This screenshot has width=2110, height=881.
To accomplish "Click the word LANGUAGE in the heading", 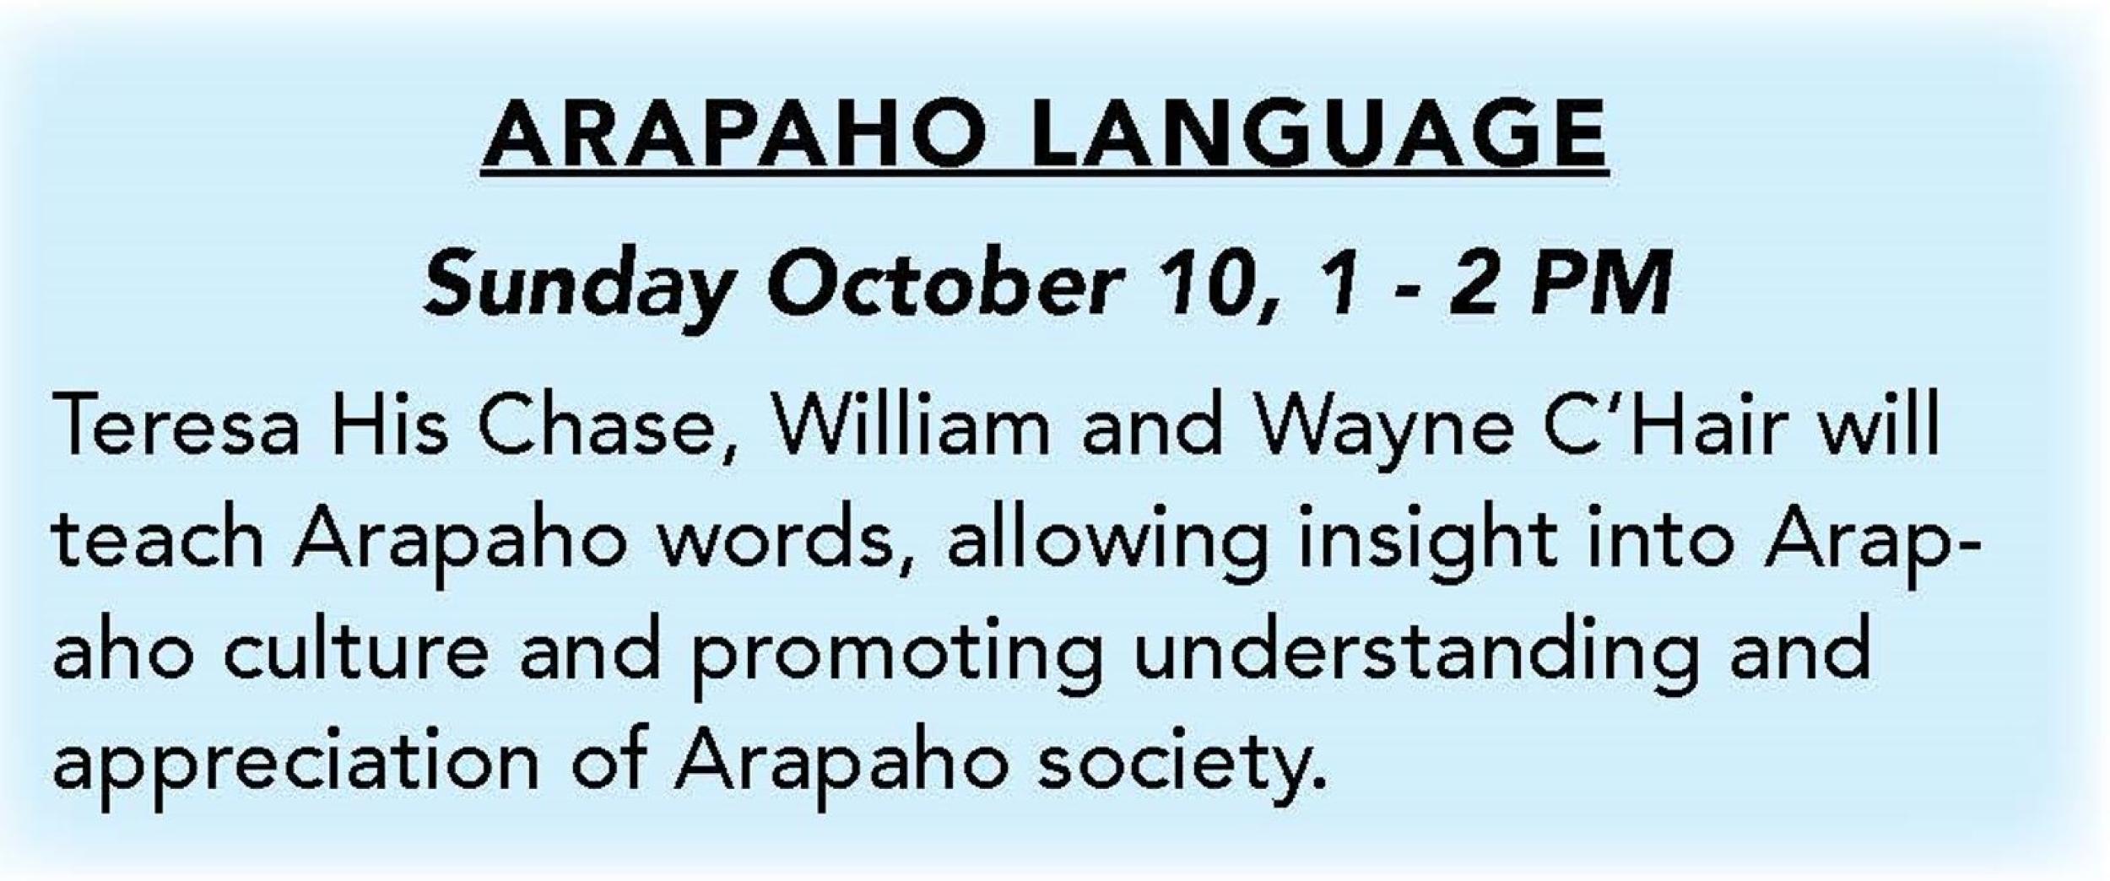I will click(1318, 135).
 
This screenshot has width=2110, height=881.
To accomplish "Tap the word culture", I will click(355, 651).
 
